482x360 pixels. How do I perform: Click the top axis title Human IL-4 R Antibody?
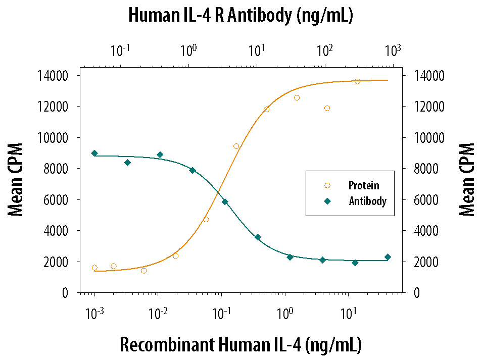coord(240,16)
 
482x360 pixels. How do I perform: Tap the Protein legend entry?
coord(363,185)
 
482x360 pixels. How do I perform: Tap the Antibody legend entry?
coord(367,201)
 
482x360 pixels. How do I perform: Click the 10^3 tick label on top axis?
coord(393,50)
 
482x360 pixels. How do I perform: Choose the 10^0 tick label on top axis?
coord(188,50)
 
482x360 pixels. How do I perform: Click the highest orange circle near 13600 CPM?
coord(357,81)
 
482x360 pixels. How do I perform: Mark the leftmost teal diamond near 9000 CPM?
coord(94,153)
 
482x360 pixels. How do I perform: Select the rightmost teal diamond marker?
coord(388,257)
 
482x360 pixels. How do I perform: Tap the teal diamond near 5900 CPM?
coord(225,202)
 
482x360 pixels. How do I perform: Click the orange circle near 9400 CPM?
coord(236,146)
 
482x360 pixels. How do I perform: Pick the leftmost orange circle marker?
coord(94,268)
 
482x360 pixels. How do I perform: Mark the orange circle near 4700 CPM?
coord(206,219)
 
